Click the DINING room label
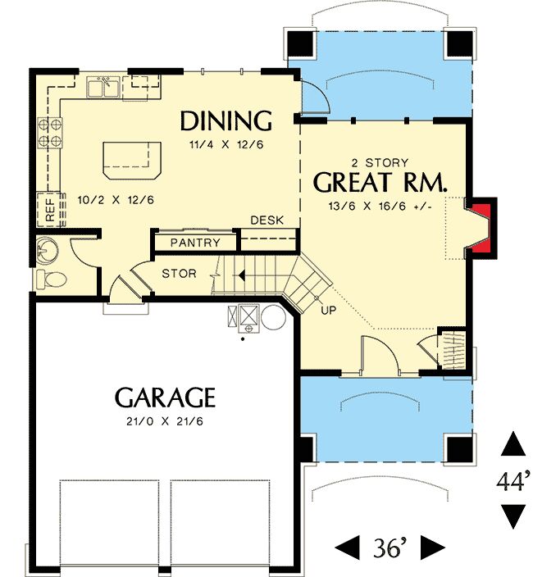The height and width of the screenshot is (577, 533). point(226,120)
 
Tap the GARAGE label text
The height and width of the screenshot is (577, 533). point(165,398)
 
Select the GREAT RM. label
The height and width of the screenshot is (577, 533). point(380,182)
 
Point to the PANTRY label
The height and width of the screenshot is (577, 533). point(195,243)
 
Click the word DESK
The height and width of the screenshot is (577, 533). point(266,220)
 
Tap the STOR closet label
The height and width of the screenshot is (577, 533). point(179,274)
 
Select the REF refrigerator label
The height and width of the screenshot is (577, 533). point(50,210)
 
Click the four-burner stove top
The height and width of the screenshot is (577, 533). point(50,133)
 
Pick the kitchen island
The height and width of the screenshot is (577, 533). point(132,161)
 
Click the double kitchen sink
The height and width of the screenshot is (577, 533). point(103,87)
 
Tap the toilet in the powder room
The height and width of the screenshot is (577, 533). point(52,279)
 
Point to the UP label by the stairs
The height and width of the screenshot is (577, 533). point(328,310)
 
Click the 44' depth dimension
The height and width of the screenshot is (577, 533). point(514,481)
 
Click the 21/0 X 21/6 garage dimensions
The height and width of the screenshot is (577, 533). point(165,421)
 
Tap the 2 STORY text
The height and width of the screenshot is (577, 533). point(380,162)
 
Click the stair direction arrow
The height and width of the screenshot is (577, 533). point(240,275)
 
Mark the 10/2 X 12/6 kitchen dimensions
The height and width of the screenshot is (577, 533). point(116,200)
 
